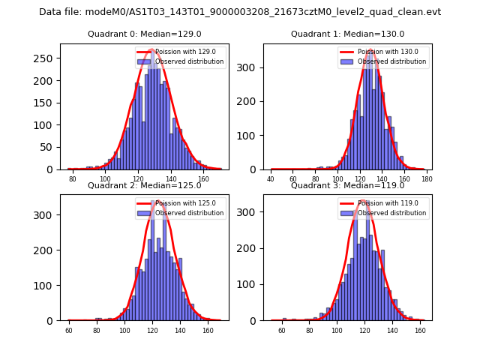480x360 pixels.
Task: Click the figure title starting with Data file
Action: [x=240, y=12]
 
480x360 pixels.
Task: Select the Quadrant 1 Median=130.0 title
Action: [x=347, y=34]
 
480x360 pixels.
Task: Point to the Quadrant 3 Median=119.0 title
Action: [x=347, y=185]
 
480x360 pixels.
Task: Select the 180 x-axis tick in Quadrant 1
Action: [x=427, y=179]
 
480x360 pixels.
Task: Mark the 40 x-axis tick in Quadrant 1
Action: [x=271, y=179]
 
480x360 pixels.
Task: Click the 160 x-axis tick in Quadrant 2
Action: [x=207, y=330]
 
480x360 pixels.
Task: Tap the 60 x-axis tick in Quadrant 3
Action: [x=282, y=330]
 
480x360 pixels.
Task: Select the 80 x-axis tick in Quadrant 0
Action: [x=73, y=179]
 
